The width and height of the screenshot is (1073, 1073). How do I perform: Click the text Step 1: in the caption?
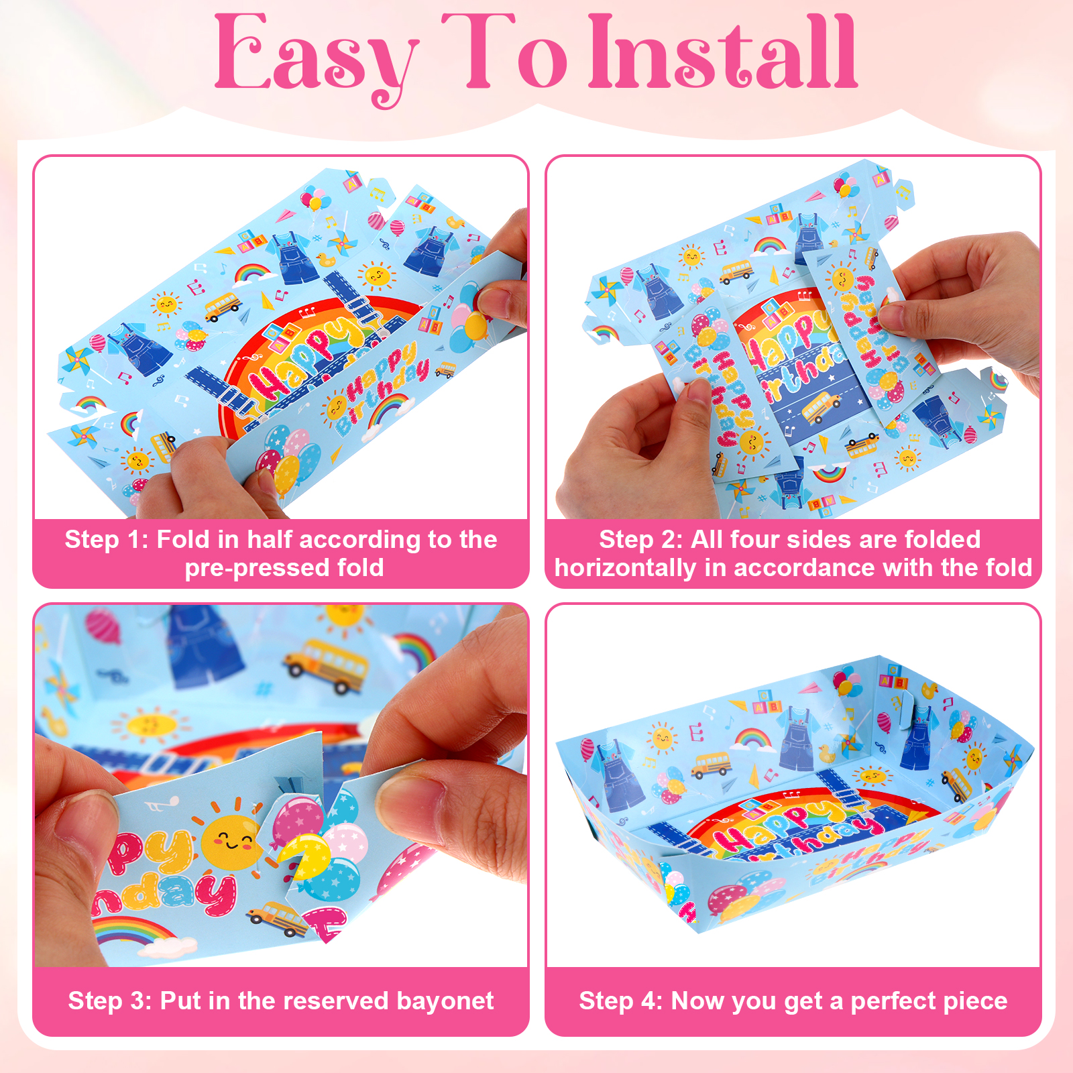click(106, 540)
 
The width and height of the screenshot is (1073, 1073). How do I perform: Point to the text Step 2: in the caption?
click(641, 540)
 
